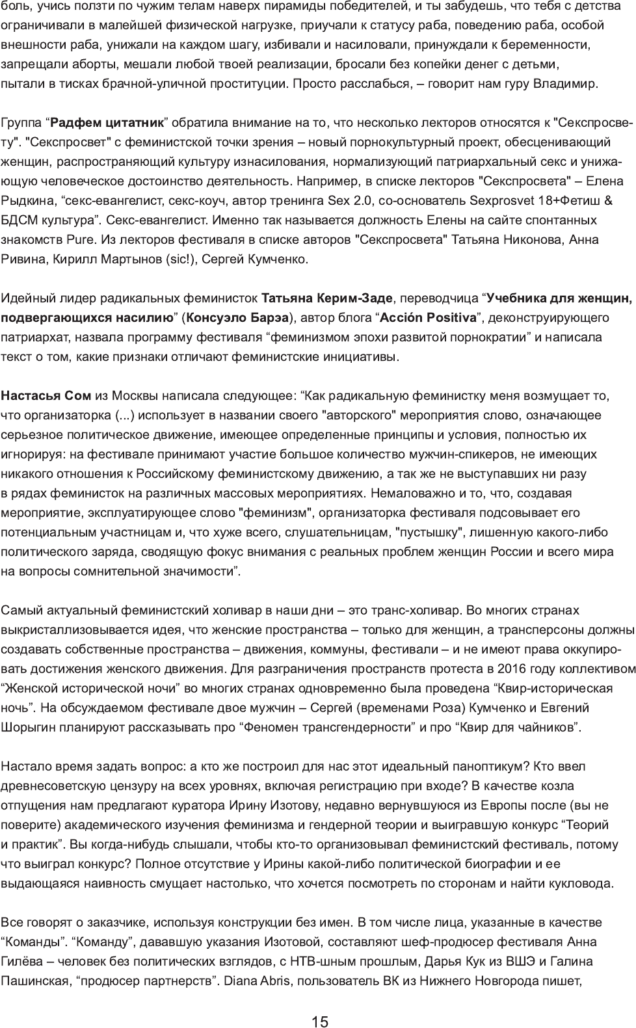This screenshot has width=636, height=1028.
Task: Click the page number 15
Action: [319, 1003]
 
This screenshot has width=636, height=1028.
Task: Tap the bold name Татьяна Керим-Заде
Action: [326, 298]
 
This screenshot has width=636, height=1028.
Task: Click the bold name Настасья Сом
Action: [46, 396]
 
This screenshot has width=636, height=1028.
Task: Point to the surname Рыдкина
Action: [27, 201]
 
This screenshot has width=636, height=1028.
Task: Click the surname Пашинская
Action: [33, 981]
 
